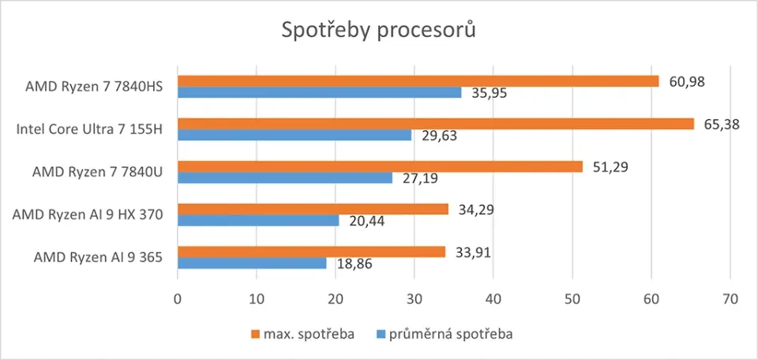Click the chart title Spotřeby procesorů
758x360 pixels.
point(379,31)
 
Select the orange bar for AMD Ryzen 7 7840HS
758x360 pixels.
point(418,81)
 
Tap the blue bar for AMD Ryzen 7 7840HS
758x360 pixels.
point(319,92)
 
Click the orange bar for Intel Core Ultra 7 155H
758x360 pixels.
point(435,124)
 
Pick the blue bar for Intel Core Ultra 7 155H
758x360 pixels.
point(295,135)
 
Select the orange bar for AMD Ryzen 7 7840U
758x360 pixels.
point(380,167)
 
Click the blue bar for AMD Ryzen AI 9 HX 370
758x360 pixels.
point(258,220)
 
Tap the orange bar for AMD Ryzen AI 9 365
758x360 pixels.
point(311,252)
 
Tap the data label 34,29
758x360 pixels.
point(475,209)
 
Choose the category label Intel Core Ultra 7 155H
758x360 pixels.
point(89,129)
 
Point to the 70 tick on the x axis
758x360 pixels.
point(730,300)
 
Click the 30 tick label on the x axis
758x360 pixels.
point(415,300)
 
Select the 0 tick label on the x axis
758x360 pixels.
point(178,300)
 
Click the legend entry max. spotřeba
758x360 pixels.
point(303,334)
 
